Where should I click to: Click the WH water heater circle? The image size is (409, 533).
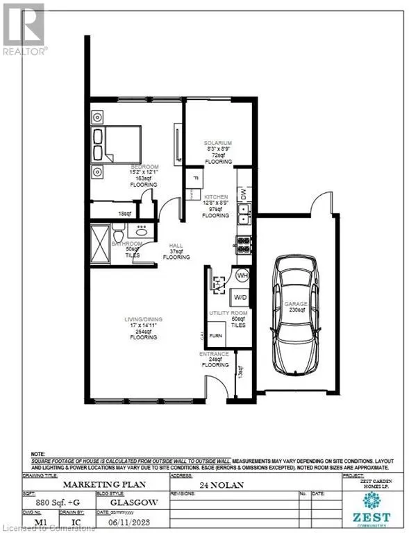click(x=242, y=275)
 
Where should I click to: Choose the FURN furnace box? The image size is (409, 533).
click(x=216, y=335)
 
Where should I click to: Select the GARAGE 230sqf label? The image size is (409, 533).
click(x=295, y=307)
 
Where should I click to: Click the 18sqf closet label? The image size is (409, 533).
click(x=124, y=214)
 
